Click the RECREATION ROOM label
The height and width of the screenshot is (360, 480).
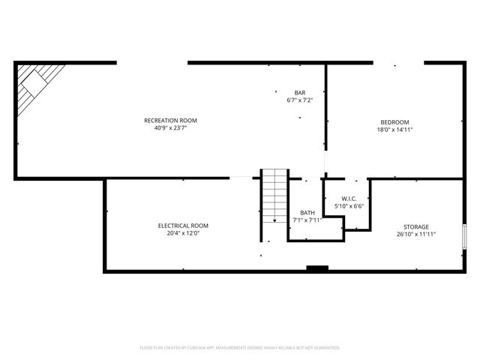170,120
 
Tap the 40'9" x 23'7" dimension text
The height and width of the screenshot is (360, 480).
170,127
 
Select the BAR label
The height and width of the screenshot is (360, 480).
299,92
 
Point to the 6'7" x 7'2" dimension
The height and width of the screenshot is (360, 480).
299,100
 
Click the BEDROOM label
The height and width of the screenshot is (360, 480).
394,122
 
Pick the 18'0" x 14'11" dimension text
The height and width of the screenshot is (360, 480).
394,130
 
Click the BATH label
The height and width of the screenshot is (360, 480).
307,212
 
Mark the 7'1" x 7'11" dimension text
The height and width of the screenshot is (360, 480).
307,220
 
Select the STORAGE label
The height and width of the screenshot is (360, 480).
415,226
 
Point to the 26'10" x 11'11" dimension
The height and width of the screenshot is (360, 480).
415,234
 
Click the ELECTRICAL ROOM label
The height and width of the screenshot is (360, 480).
183,226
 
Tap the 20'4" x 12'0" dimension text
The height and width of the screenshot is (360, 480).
183,233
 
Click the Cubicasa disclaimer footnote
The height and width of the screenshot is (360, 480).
240,348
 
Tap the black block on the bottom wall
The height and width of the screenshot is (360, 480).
317,268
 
